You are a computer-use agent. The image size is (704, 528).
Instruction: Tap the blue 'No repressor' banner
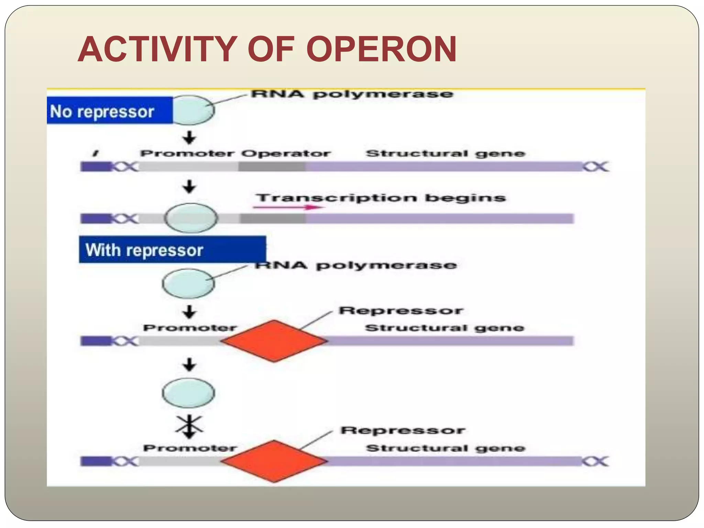coord(109,111)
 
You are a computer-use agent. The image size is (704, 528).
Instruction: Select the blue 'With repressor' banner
coord(172,250)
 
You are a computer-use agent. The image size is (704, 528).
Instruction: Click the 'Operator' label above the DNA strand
coord(285,153)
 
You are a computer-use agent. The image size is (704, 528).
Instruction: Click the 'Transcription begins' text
coord(381,198)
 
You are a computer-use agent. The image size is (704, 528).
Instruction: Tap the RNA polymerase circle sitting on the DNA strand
coord(191,218)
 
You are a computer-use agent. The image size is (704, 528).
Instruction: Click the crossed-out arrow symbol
coord(189,426)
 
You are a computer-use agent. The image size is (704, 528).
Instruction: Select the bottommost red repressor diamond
coord(274,461)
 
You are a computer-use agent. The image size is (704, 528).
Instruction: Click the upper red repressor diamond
coord(274,341)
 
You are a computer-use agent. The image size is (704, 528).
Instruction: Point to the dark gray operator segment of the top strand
coord(272,167)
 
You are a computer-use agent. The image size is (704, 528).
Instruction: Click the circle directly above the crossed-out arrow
coord(188,393)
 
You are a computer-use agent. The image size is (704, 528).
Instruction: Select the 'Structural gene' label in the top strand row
coord(445,153)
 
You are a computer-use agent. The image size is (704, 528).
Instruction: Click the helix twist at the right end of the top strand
coord(596,167)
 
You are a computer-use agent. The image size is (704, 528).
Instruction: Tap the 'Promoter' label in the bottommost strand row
coord(190,448)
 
